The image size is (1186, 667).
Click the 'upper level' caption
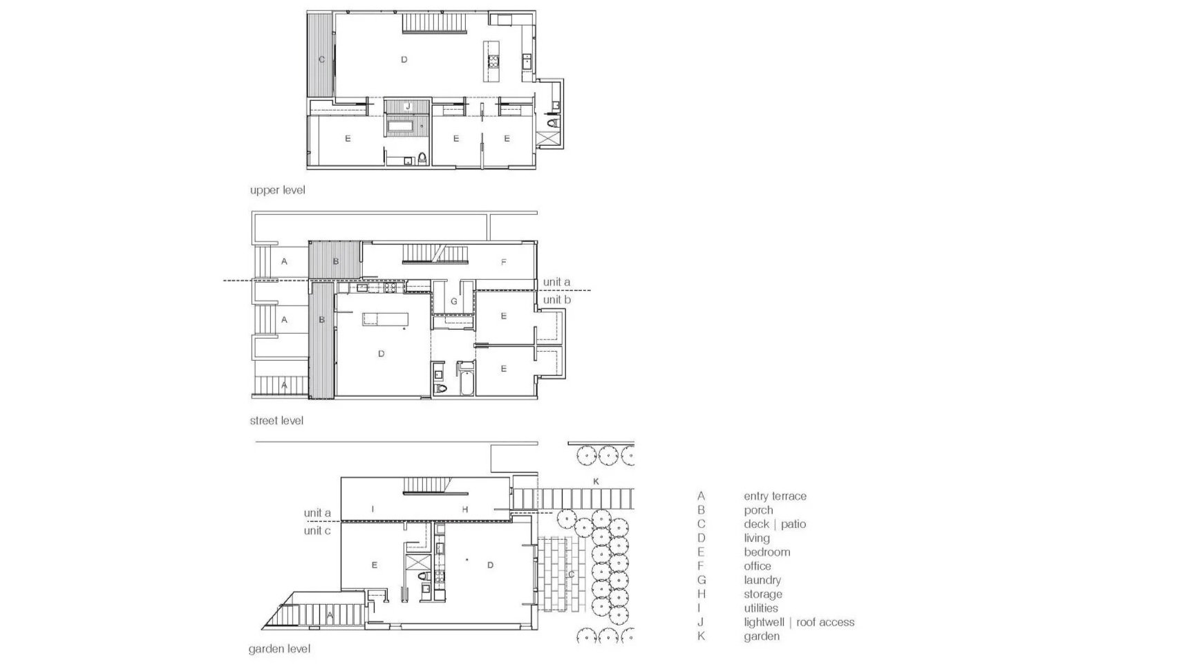(277, 189)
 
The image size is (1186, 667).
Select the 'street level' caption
(276, 420)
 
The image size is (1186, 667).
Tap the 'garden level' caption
(279, 649)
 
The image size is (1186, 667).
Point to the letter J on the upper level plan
(408, 106)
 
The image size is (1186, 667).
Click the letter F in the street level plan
(504, 262)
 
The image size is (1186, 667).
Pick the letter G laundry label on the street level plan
(453, 301)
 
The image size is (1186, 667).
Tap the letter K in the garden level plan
(596, 480)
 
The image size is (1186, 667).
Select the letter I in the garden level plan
(373, 509)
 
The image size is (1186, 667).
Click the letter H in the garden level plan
(465, 509)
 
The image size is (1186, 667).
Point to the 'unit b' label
(556, 299)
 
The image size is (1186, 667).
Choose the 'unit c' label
(317, 530)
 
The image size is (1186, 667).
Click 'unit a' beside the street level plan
(556, 282)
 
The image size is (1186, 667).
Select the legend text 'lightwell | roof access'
(799, 622)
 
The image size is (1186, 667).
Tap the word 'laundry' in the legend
(762, 580)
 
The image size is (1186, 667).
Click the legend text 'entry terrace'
(775, 496)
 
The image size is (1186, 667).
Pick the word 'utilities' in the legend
(761, 608)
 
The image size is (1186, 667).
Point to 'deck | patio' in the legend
(775, 524)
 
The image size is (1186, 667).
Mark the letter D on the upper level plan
(404, 59)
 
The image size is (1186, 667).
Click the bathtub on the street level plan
(466, 380)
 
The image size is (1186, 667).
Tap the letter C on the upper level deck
(321, 59)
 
